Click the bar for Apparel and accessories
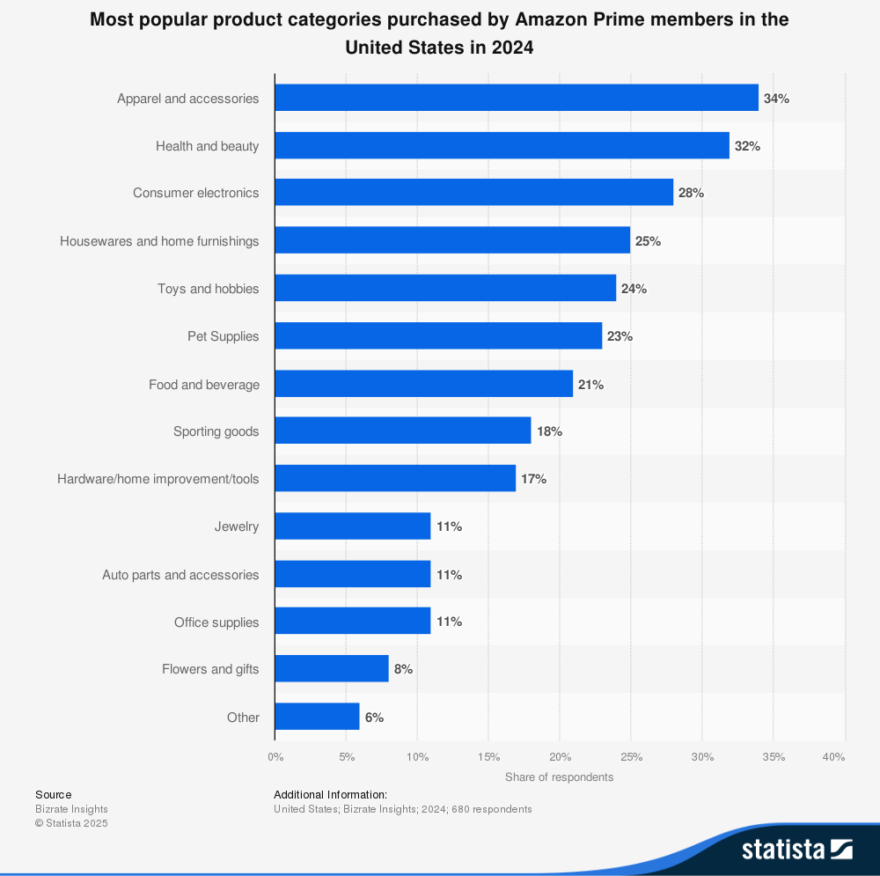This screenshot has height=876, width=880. tap(516, 98)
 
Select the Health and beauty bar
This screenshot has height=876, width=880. tap(502, 145)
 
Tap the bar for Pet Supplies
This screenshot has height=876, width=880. tap(438, 335)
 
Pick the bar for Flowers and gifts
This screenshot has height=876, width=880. tap(332, 668)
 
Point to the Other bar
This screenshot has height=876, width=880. tap(317, 717)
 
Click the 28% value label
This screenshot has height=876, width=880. tap(691, 193)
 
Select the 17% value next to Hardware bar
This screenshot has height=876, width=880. tap(533, 479)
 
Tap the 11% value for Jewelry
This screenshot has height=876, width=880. tap(449, 526)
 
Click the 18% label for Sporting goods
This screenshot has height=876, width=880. tap(549, 431)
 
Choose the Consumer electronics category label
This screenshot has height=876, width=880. tap(195, 193)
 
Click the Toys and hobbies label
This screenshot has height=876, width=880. tap(208, 289)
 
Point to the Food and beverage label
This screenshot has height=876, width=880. tap(204, 384)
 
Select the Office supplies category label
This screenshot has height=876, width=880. tap(216, 622)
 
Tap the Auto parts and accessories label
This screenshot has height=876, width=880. tap(180, 574)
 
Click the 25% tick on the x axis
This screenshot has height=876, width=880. tap(631, 756)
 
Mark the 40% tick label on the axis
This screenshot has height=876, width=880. tap(834, 756)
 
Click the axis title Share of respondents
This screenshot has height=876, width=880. tap(559, 777)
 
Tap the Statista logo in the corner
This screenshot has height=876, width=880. tap(796, 849)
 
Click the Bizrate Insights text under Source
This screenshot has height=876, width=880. tap(71, 809)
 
